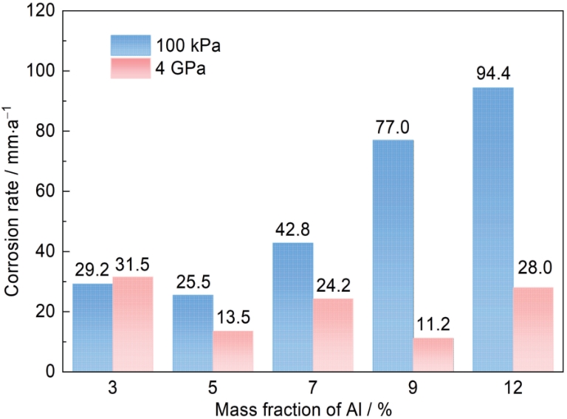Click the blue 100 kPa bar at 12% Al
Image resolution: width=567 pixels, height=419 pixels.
(x=493, y=229)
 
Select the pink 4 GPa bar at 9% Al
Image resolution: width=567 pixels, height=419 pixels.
(x=433, y=354)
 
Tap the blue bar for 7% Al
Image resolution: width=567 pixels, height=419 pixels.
(x=292, y=307)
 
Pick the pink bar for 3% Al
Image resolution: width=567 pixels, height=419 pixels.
(x=132, y=324)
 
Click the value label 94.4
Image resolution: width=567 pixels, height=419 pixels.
(x=493, y=75)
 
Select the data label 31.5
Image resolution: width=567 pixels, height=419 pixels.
(x=134, y=264)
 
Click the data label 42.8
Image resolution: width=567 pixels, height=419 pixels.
(x=293, y=231)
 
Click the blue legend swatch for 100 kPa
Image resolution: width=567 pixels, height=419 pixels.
(x=131, y=45)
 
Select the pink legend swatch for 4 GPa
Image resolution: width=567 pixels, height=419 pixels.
(x=131, y=69)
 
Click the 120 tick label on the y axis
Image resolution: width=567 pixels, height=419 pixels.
(x=41, y=11)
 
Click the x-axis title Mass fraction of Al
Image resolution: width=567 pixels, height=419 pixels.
(x=313, y=407)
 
